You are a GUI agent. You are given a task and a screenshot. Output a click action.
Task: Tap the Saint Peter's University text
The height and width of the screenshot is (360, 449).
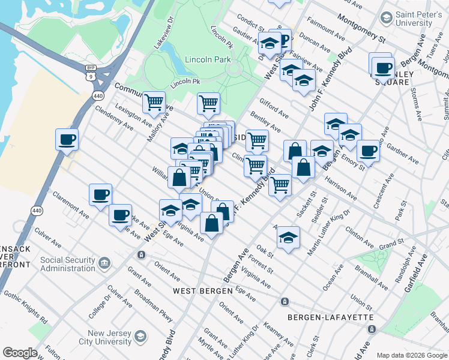coord(414,19)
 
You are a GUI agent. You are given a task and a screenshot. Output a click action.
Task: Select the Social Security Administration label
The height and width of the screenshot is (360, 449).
coord(68,264)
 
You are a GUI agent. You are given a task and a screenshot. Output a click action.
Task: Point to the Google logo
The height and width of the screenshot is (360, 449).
coord(20,353)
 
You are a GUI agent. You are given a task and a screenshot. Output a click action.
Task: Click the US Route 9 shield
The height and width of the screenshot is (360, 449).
coord(91,77)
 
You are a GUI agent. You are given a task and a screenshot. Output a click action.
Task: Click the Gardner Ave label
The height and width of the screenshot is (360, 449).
coord(403,154)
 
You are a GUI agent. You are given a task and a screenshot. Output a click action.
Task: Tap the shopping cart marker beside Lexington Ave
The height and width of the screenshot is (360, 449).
coord(154,103)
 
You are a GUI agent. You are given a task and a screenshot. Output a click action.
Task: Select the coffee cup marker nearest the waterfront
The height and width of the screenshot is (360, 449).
coord(67,139)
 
